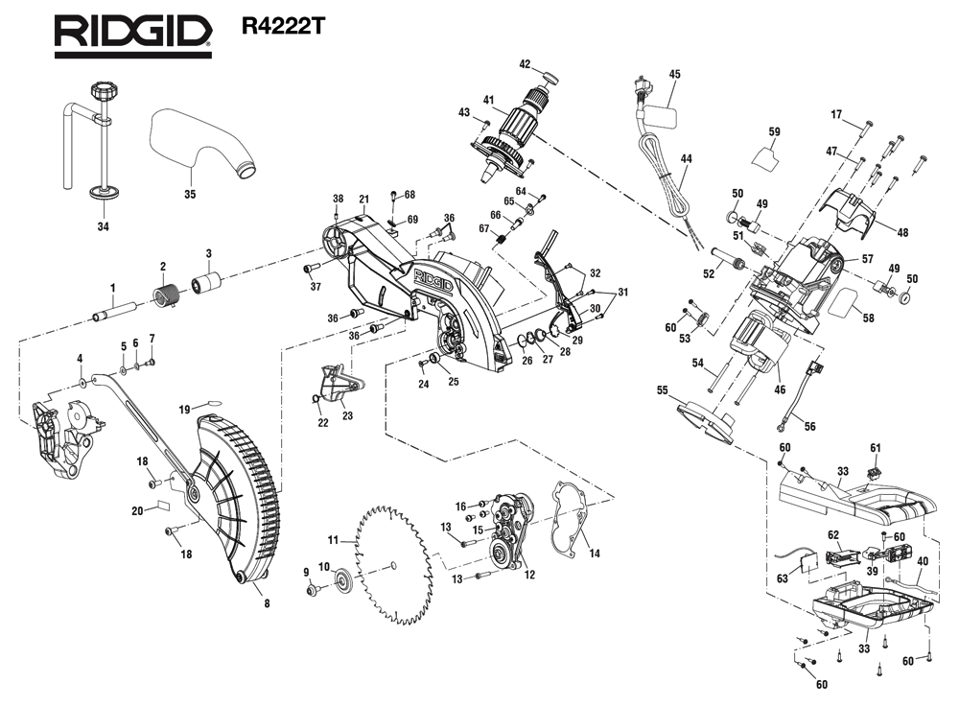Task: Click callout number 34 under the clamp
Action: [x=103, y=226]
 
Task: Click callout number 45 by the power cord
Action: [x=674, y=74]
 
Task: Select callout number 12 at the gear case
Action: [x=528, y=574]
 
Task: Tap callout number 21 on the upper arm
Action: [x=363, y=200]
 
